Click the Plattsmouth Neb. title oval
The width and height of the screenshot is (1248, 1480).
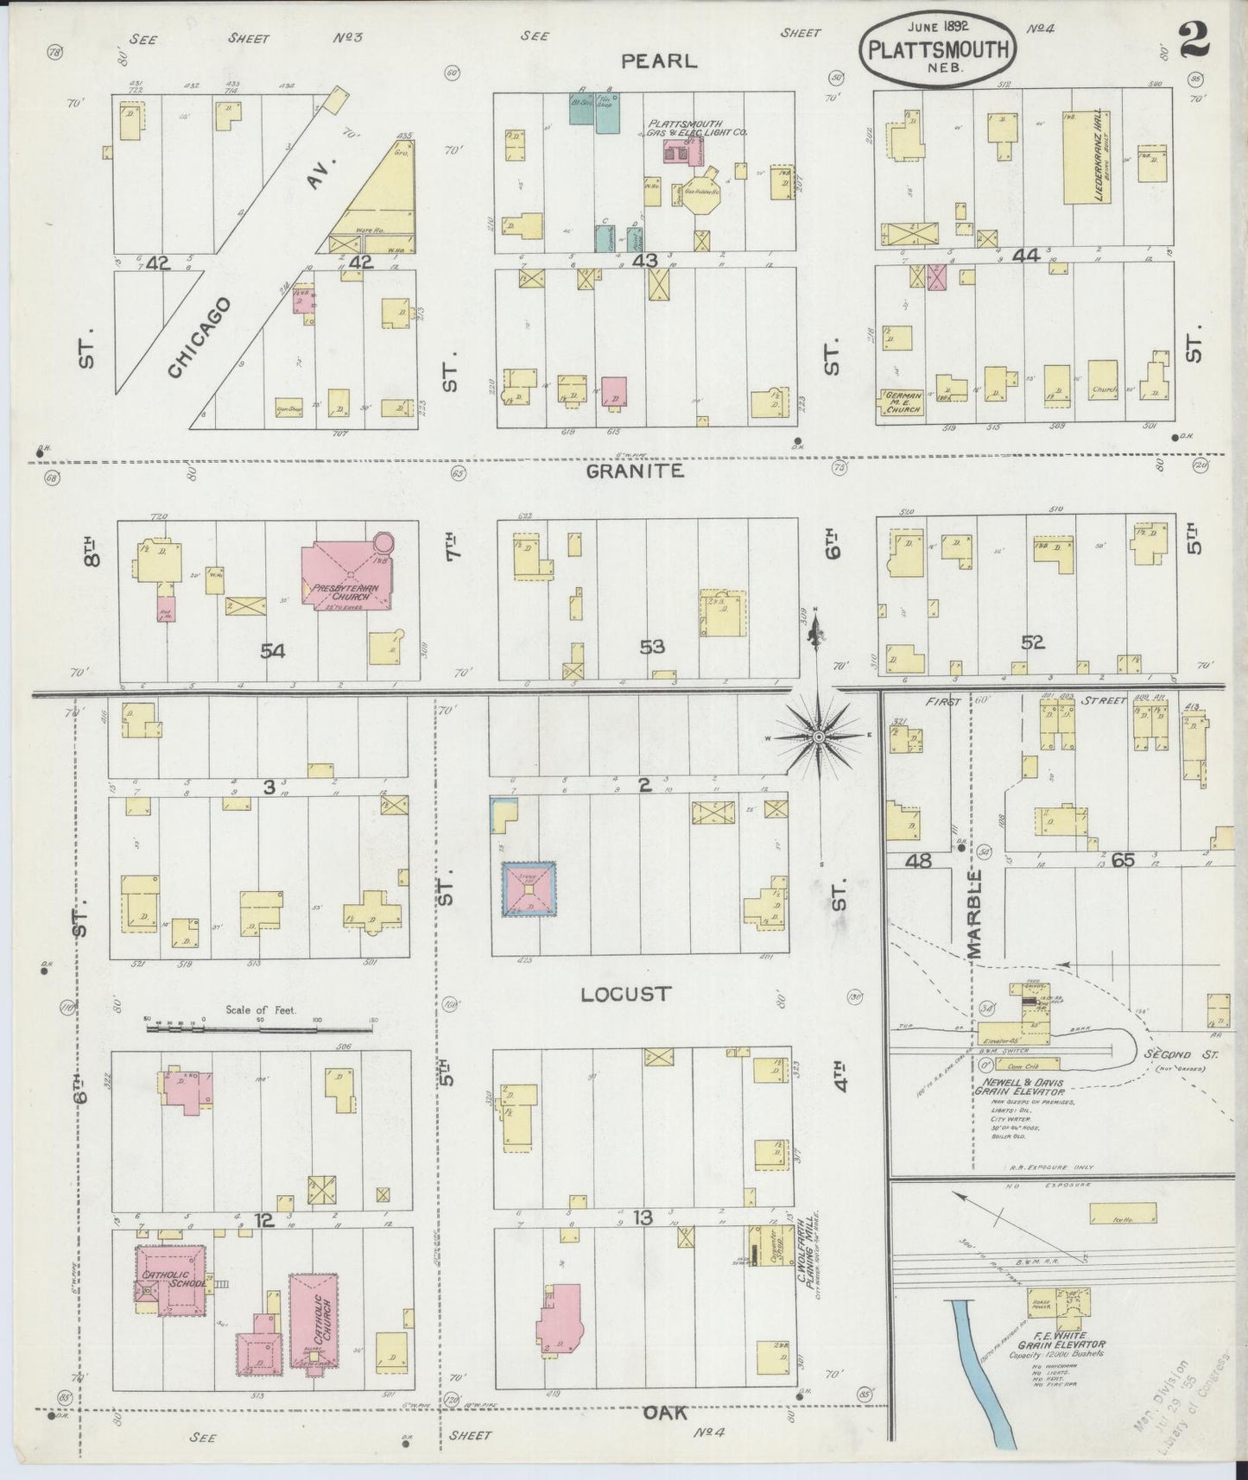(x=937, y=50)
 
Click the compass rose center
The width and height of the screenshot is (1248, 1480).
(x=819, y=737)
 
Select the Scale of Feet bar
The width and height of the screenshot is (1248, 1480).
(x=259, y=1028)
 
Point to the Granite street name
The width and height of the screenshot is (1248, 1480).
(x=635, y=471)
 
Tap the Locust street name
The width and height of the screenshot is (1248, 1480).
(x=625, y=994)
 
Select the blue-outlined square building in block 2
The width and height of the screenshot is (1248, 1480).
(x=529, y=889)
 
